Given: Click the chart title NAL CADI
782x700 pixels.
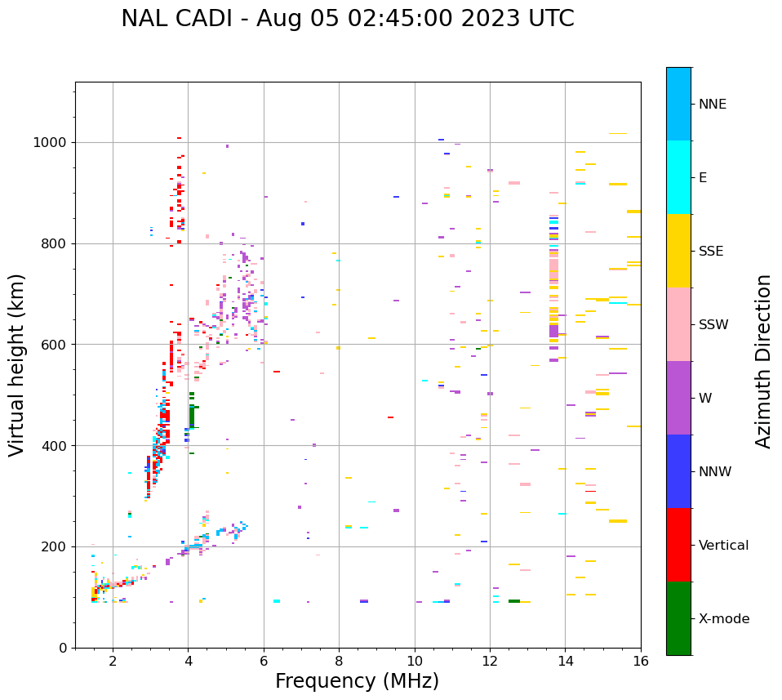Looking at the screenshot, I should pyautogui.click(x=347, y=19).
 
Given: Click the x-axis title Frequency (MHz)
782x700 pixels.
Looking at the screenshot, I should pyautogui.click(x=357, y=681).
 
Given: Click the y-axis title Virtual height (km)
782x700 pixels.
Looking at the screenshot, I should pyautogui.click(x=17, y=364).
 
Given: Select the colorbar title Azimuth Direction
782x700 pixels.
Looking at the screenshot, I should pyautogui.click(x=763, y=361).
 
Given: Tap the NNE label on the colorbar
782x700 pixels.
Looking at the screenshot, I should pyautogui.click(x=712, y=105).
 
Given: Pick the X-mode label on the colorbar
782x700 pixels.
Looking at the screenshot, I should pyautogui.click(x=723, y=619).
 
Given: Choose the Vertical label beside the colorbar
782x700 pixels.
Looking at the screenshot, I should pyautogui.click(x=723, y=546).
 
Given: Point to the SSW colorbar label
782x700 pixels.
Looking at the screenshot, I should pyautogui.click(x=713, y=325).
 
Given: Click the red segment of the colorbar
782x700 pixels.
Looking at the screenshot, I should pyautogui.click(x=678, y=545).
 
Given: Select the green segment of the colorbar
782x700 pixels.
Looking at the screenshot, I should pyautogui.click(x=678, y=618).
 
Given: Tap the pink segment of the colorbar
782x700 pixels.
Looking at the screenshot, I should pyautogui.click(x=678, y=324).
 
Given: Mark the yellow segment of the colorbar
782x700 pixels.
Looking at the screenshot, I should pyautogui.click(x=678, y=251).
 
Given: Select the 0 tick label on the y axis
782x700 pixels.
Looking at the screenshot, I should pyautogui.click(x=64, y=648).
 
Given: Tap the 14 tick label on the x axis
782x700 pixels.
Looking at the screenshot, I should pyautogui.click(x=565, y=661).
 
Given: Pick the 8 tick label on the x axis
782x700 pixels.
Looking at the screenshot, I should pyautogui.click(x=339, y=661).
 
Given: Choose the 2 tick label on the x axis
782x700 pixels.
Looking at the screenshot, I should pyautogui.click(x=113, y=661).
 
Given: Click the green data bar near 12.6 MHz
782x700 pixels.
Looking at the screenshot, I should pyautogui.click(x=514, y=601).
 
